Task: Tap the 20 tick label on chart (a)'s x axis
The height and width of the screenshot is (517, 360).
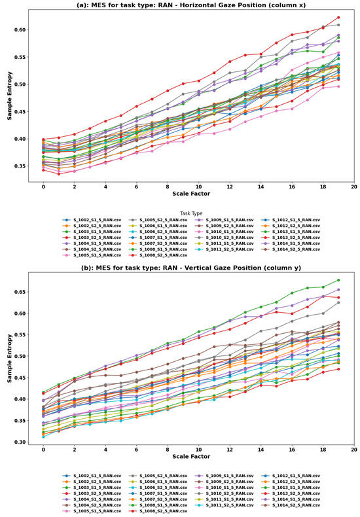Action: [353, 187]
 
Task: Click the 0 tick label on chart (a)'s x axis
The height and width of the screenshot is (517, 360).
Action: [44, 187]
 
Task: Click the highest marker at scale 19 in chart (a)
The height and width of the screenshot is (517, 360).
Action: [338, 18]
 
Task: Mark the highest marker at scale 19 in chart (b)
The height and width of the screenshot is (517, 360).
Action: [338, 280]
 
